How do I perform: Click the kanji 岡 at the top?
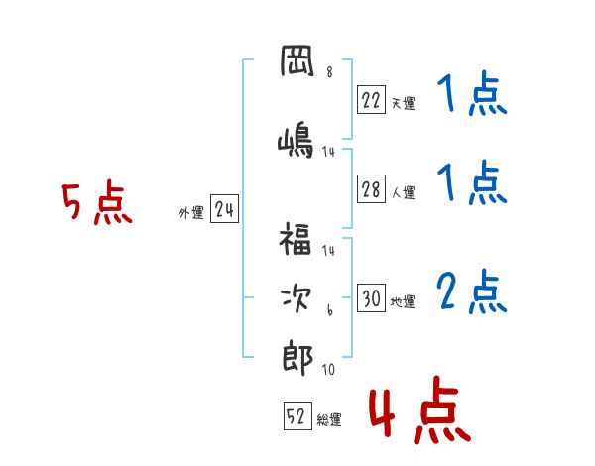coord(297,61)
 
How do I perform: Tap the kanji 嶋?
coord(296,139)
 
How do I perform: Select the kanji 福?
coord(296,238)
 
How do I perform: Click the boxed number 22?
coord(371,100)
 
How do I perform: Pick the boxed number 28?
coord(371,189)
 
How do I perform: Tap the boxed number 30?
coord(371,297)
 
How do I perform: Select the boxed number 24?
coord(224,209)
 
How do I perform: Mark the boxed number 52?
coord(297,415)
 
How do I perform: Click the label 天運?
coord(403,103)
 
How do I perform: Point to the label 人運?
coord(403,192)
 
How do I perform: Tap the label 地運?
coord(403,301)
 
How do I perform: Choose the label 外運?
coord(191,213)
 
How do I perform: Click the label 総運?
coord(329,419)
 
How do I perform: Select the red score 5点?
coord(97,202)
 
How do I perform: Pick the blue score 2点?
coord(472,291)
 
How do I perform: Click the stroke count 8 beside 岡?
coord(329,72)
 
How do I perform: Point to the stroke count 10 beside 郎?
coord(328,369)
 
